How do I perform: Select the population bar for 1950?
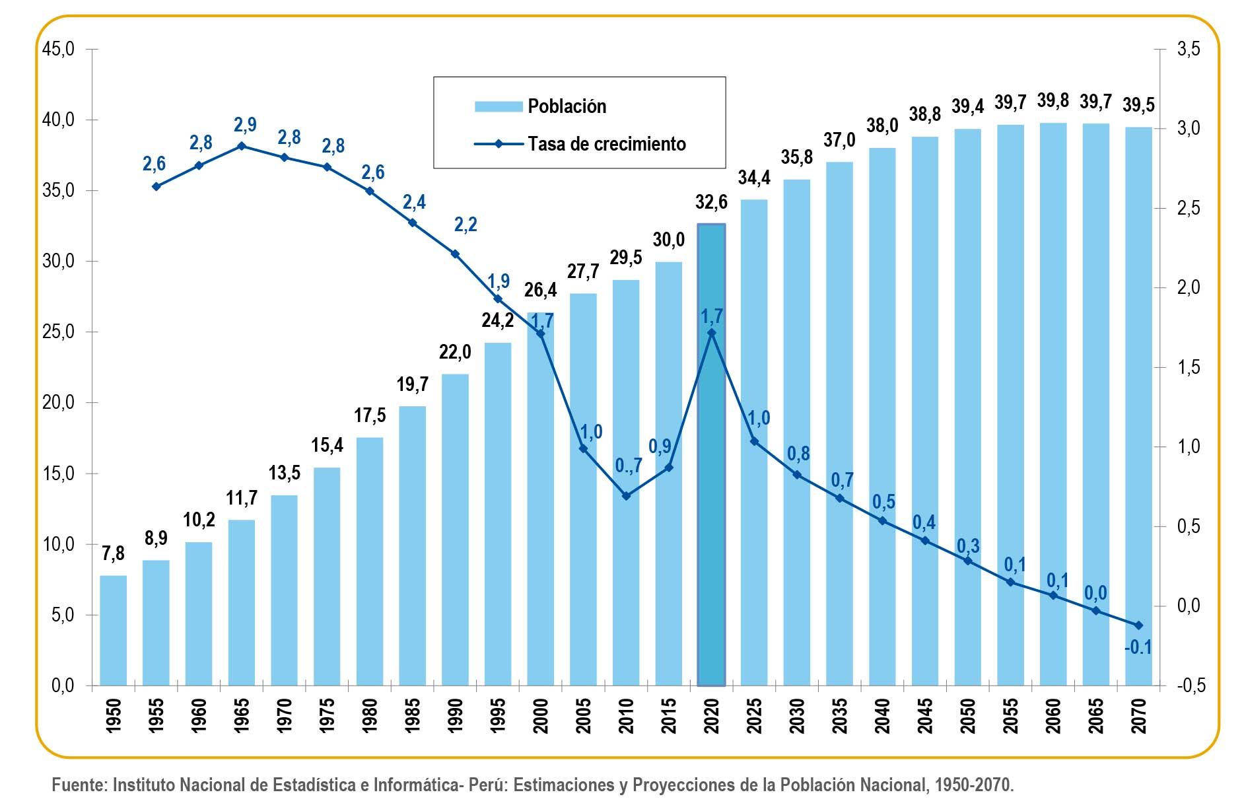click(x=113, y=630)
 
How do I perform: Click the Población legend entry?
click(x=567, y=106)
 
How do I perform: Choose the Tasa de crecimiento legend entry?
click(x=606, y=144)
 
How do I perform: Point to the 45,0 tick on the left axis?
click(x=58, y=49)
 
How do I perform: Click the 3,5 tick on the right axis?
click(x=1189, y=49)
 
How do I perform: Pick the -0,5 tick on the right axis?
click(x=1191, y=686)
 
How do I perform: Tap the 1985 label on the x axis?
click(x=413, y=716)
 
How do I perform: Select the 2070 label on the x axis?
click(x=1139, y=716)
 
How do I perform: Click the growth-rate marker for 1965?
click(x=242, y=146)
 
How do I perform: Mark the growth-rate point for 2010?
click(x=626, y=495)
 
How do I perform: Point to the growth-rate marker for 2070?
click(x=1138, y=625)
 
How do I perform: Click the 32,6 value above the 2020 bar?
click(x=711, y=202)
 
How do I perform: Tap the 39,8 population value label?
click(x=1053, y=100)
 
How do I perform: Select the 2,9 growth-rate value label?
click(x=245, y=124)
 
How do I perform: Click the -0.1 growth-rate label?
click(x=1138, y=647)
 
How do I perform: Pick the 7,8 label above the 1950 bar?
click(x=113, y=553)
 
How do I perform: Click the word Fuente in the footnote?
click(x=79, y=785)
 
